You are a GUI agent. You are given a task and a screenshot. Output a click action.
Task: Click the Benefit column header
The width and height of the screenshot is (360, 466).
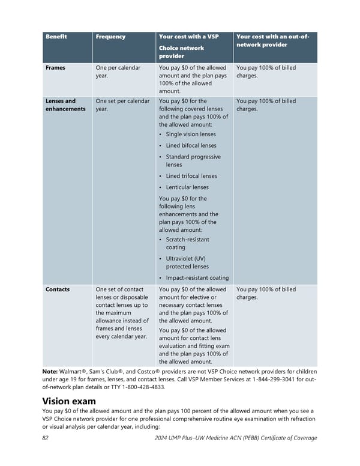click(x=56, y=37)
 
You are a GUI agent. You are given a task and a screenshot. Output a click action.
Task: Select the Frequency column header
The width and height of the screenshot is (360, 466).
click(x=110, y=37)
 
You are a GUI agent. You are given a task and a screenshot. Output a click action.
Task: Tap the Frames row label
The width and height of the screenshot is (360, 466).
click(x=55, y=68)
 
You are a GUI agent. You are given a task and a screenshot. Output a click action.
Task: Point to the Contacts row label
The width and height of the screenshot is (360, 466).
click(x=58, y=289)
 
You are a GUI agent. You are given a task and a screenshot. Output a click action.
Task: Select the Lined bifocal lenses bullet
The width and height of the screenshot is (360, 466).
click(x=191, y=146)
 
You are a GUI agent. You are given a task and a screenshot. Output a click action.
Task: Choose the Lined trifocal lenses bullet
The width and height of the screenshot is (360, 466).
click(x=191, y=176)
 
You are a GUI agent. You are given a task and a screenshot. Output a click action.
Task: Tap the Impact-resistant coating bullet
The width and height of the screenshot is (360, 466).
click(x=197, y=278)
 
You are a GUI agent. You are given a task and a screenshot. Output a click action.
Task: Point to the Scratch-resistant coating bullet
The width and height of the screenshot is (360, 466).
click(x=187, y=243)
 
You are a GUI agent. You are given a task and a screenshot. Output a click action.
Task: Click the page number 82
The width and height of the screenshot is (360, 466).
click(x=46, y=438)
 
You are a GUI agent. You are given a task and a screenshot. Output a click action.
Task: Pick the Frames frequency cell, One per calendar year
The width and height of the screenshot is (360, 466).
click(x=118, y=72)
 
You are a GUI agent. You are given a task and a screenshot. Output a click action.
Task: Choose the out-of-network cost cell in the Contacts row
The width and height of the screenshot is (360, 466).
click(x=266, y=294)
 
